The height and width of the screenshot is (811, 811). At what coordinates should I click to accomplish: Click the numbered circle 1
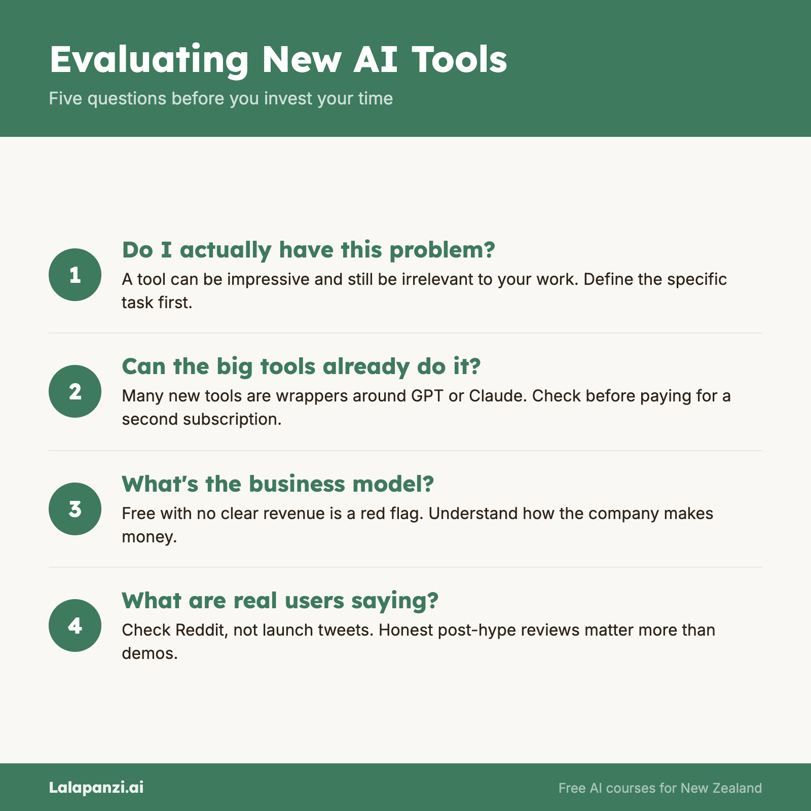75,275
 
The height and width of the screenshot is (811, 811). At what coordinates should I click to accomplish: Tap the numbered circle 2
75,391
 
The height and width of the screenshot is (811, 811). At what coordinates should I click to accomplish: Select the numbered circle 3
75,509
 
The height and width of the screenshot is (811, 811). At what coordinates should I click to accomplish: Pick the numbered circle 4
75,625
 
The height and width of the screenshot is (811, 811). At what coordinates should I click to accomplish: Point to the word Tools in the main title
459,59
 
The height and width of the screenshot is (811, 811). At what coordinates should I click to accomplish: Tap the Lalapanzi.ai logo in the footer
96,787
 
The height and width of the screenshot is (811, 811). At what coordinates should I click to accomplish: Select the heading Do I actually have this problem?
308,250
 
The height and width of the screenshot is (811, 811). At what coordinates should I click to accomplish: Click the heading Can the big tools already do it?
301,367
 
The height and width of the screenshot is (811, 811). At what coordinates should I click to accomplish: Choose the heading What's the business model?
278,484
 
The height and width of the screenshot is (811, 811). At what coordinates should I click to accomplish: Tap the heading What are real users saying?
280,601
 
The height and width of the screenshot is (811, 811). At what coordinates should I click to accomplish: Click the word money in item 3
150,537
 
